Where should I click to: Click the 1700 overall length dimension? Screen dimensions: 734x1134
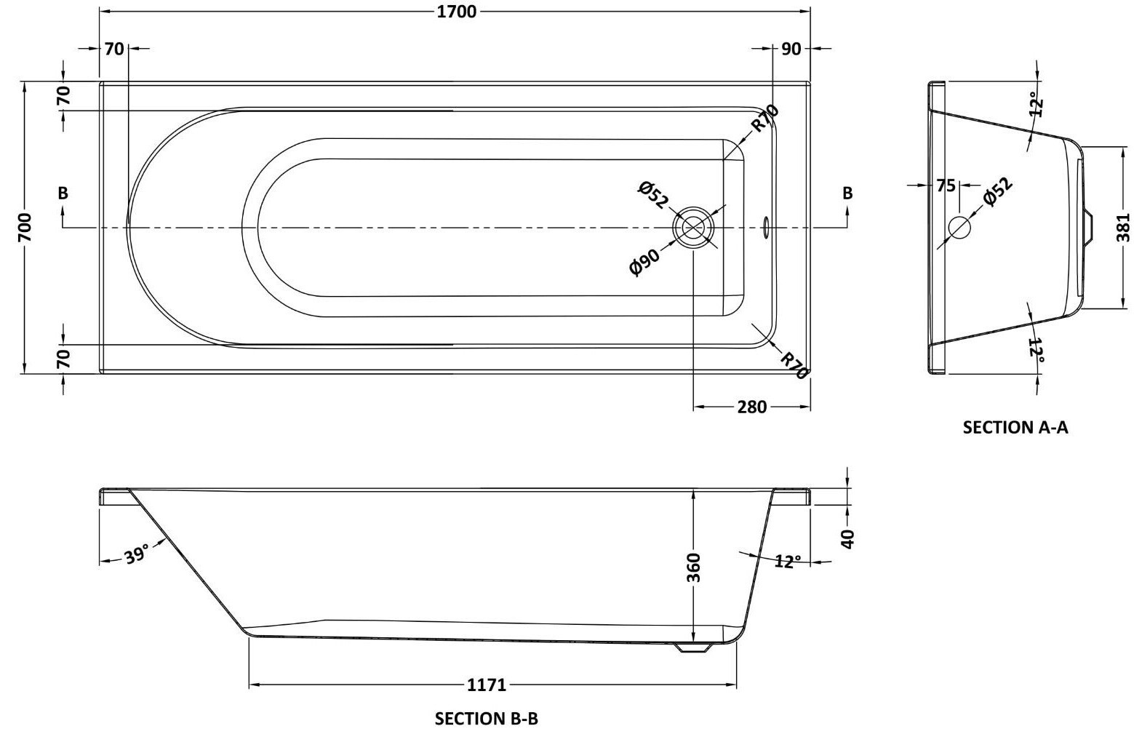pyautogui.click(x=458, y=12)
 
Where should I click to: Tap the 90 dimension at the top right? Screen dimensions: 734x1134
pyautogui.click(x=791, y=49)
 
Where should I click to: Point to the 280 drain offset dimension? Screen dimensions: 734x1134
pyautogui.click(x=751, y=407)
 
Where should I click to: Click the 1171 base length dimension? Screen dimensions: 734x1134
pyautogui.click(x=486, y=685)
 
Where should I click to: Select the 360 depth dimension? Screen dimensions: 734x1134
pyautogui.click(x=693, y=567)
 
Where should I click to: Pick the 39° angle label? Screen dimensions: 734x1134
pyautogui.click(x=136, y=554)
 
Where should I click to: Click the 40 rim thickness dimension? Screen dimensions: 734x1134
pyautogui.click(x=847, y=538)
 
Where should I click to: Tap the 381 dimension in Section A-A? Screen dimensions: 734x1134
pyautogui.click(x=1123, y=228)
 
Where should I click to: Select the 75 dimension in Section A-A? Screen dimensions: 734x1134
pyautogui.click(x=945, y=186)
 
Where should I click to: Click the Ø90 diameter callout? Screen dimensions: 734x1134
pyautogui.click(x=645, y=261)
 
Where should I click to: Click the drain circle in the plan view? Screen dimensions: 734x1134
pyautogui.click(x=694, y=228)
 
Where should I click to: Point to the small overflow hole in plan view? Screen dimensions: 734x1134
pyautogui.click(x=764, y=228)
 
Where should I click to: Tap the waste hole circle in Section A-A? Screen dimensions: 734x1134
pyautogui.click(x=959, y=228)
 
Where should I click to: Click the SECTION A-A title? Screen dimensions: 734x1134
pyautogui.click(x=1015, y=427)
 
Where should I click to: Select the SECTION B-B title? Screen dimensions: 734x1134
pyautogui.click(x=486, y=719)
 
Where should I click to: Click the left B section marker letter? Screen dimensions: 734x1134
pyautogui.click(x=63, y=194)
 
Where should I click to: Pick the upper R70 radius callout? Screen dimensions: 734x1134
pyautogui.click(x=764, y=119)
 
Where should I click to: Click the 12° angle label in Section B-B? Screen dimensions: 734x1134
pyautogui.click(x=787, y=562)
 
